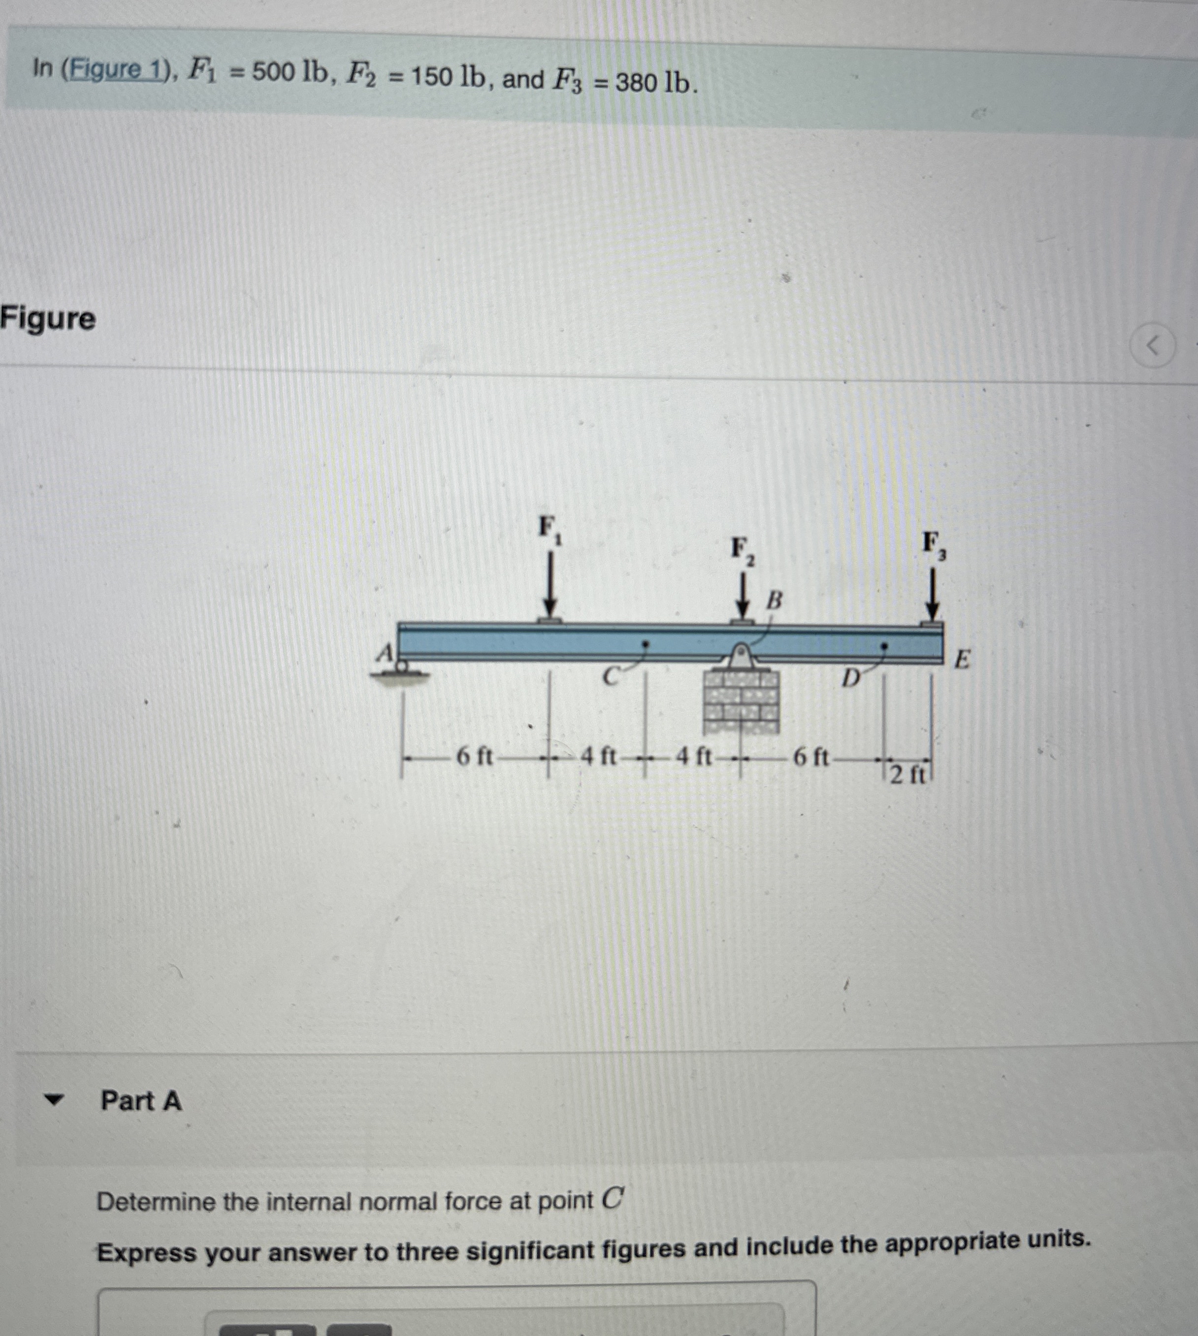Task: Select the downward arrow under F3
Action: point(932,593)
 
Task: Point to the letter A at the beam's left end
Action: point(385,653)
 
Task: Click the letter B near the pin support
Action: point(775,600)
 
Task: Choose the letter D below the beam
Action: point(851,677)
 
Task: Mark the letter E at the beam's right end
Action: point(962,659)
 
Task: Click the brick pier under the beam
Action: point(741,702)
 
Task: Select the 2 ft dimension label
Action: point(907,775)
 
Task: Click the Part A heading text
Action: point(141,1101)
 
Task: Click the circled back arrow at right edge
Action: point(1152,345)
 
